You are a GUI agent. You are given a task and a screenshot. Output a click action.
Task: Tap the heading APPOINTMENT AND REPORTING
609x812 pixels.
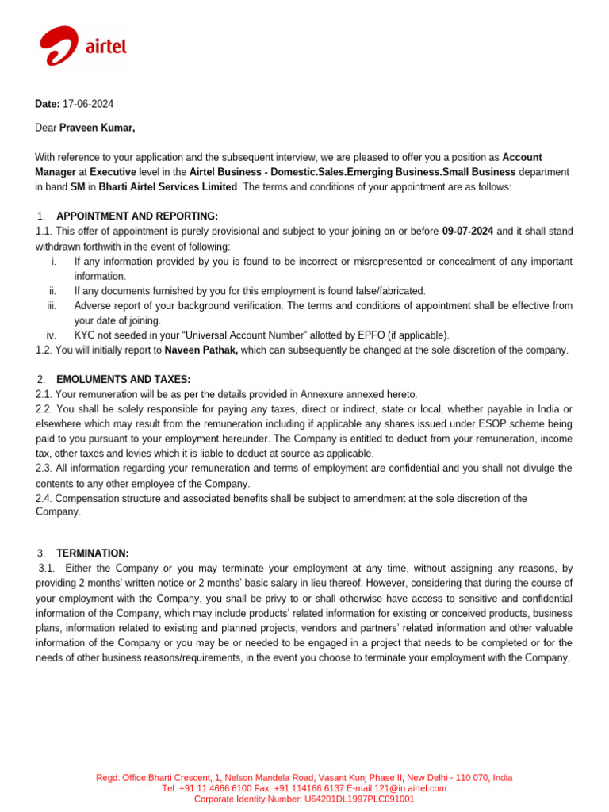click(136, 216)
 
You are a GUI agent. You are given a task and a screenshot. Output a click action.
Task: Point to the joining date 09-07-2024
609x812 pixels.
click(467, 232)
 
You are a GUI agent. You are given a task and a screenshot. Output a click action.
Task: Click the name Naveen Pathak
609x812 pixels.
click(201, 350)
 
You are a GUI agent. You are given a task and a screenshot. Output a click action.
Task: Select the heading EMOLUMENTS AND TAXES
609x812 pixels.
click(123, 380)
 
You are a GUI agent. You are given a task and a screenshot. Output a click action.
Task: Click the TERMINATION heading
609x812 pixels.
click(92, 553)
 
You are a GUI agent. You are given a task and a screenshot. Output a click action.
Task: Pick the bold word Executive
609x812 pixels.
click(113, 172)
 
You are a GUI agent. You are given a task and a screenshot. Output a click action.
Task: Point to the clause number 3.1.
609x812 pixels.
click(48, 569)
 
